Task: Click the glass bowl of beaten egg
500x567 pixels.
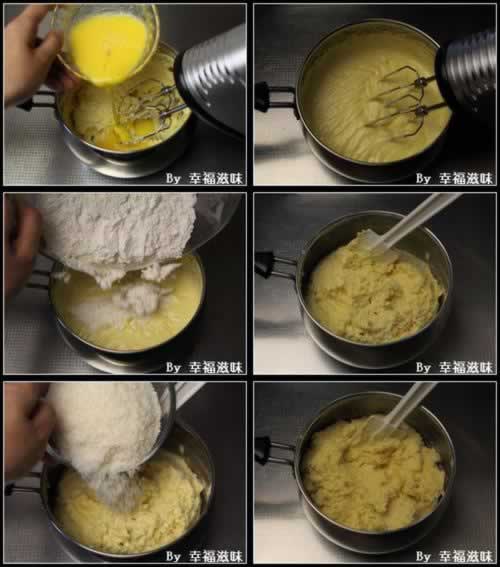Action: (x=107, y=43)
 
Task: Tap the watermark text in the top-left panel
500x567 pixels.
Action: (x=204, y=178)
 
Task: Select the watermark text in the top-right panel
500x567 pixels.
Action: (x=454, y=178)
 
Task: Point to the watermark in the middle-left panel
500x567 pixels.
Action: (x=204, y=367)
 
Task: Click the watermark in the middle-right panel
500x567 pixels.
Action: (x=454, y=367)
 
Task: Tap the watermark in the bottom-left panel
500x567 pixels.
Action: (x=204, y=556)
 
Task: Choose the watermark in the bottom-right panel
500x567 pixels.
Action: (x=454, y=556)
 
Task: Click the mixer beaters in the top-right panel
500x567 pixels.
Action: (x=405, y=101)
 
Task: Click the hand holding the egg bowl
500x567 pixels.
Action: (x=31, y=54)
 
